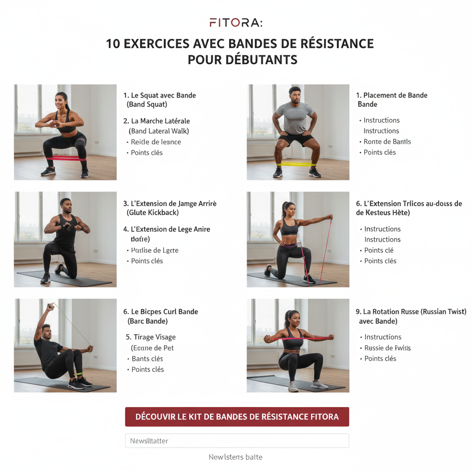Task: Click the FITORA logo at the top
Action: pos(236,23)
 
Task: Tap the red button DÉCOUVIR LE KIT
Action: pos(237,417)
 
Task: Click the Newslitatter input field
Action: pos(237,441)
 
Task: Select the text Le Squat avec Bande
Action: pos(163,95)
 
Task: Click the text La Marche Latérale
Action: pos(160,121)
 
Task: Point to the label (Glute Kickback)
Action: pos(153,212)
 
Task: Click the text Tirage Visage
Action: pos(154,337)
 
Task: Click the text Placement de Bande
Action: pos(395,95)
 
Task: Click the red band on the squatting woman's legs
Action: pos(65,158)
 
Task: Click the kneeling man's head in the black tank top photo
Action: pos(65,206)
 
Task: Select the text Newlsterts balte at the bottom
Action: pos(236,457)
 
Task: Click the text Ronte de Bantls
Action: pos(387,142)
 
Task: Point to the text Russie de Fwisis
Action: pos(387,348)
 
